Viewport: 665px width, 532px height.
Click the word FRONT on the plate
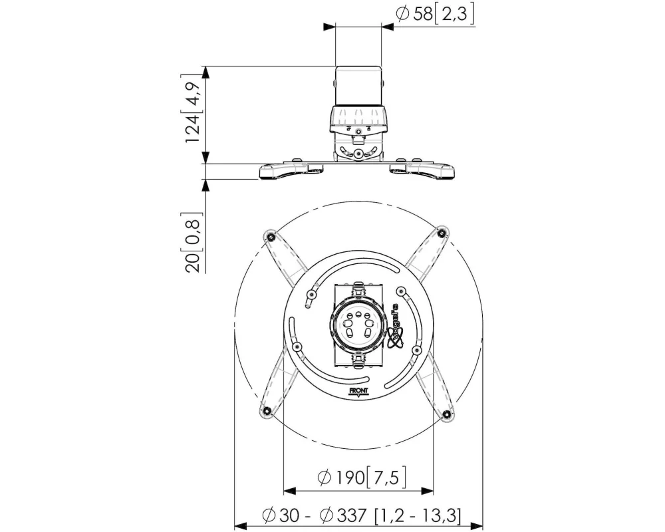tap(358, 391)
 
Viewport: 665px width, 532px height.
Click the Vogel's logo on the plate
tap(397, 327)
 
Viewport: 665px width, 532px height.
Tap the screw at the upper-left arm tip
tap(270, 236)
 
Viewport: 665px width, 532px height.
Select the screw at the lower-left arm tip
tap(267, 410)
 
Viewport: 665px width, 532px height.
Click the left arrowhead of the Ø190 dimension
tap(289, 491)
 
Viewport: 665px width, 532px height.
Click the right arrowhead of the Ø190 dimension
tap(427, 491)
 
